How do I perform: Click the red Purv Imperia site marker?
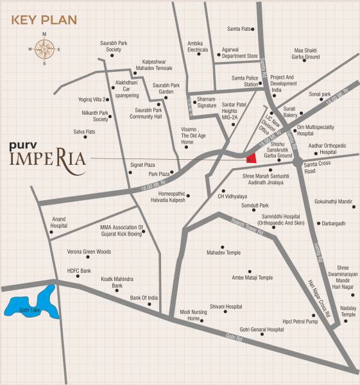[x=252, y=158]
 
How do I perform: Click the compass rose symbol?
[x=44, y=48]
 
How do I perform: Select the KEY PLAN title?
[x=44, y=19]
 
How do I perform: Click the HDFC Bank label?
[x=80, y=271]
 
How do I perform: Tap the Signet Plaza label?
[x=143, y=165]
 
